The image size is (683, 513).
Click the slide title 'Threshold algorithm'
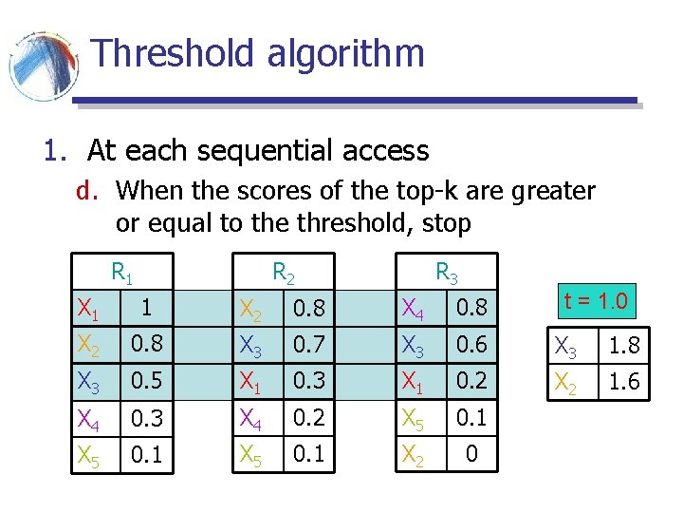258,54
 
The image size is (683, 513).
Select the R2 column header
284,274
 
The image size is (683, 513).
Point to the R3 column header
447,274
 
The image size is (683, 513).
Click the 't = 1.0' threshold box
596,302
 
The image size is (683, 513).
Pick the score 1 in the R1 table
144,307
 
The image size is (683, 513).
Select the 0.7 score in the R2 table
309,344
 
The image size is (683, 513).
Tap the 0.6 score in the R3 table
471,344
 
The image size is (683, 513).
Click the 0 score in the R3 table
471,455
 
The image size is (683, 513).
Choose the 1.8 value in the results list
623,347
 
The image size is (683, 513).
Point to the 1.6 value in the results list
623,381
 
